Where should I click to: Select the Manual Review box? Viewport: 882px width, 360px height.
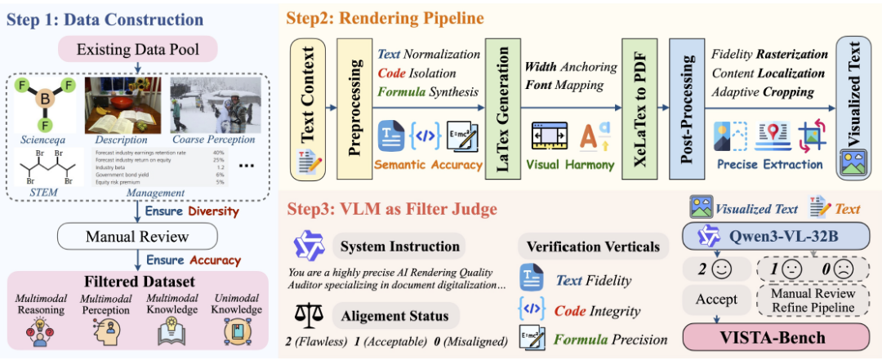click(x=137, y=238)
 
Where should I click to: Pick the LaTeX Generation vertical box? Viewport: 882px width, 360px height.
click(x=503, y=106)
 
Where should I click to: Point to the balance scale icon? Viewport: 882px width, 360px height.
click(x=310, y=315)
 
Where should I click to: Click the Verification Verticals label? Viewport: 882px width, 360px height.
click(x=592, y=246)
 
